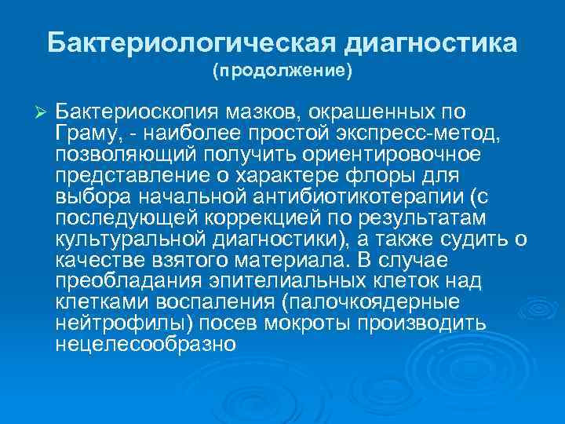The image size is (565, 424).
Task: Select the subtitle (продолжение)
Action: coord(282,71)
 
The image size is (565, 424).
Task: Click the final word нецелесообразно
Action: coord(146,344)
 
